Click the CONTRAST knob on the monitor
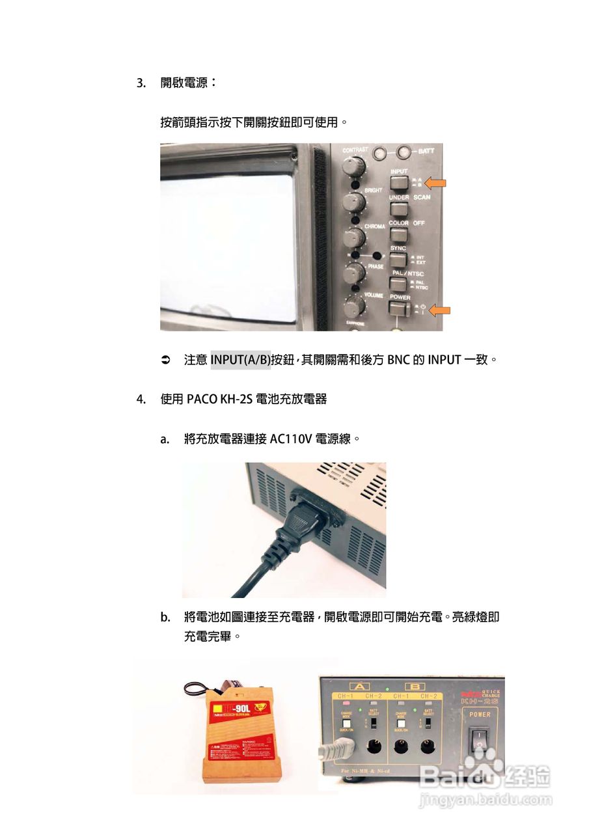(352, 167)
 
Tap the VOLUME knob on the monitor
(355, 306)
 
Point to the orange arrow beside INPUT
(434, 184)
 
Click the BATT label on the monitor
(426, 151)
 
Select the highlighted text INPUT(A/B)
(240, 359)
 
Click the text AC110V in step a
(290, 439)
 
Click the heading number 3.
(140, 83)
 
